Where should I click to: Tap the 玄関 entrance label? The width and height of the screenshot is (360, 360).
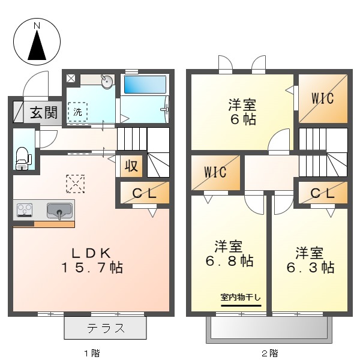coord(43,111)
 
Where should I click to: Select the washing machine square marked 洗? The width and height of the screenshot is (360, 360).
coord(77,112)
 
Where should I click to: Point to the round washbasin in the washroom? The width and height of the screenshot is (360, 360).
coord(107,82)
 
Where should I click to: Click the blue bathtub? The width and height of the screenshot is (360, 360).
coord(146,83)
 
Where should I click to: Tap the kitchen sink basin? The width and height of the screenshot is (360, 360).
coord(59,211)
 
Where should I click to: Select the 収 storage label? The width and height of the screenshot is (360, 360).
coord(131,166)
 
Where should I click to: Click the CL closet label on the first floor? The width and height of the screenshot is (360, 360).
coord(144,193)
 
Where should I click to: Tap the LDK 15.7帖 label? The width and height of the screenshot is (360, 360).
coord(91,260)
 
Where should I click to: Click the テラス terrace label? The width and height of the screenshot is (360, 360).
coord(106,328)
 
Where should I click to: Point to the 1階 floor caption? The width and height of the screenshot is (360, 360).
coord(91,353)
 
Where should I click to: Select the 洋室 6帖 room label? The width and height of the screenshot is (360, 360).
coord(242,111)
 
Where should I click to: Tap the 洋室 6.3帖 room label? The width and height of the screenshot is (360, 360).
coord(310,260)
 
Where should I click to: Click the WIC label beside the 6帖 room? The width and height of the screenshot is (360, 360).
coord(323,98)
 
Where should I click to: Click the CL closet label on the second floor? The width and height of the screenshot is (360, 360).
coord(323,193)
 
